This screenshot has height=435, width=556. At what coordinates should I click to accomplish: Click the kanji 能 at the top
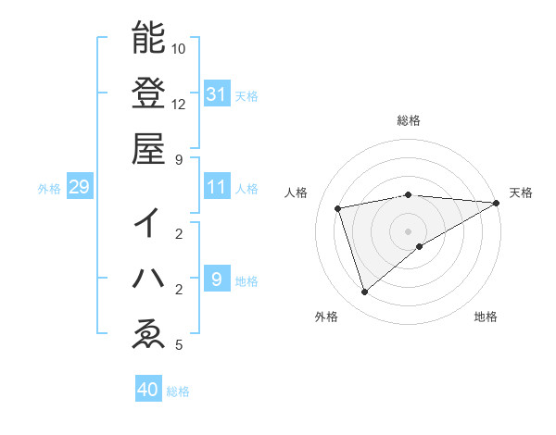(148, 38)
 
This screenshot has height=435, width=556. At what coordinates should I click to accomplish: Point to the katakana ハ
(148, 279)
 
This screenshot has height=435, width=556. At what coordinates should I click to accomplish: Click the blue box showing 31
(216, 93)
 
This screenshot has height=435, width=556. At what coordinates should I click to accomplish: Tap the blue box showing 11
(216, 187)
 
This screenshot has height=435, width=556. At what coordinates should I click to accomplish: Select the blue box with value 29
(79, 188)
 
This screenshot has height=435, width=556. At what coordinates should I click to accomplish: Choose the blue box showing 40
(148, 390)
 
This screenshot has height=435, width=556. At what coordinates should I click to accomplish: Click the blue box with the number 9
(216, 280)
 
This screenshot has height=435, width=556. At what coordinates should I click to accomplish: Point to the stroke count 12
(179, 104)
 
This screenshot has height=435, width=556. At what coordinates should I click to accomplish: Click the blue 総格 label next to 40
(178, 391)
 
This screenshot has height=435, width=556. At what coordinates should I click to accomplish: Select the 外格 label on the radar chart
(326, 317)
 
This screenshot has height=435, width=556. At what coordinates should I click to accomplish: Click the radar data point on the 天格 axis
(497, 203)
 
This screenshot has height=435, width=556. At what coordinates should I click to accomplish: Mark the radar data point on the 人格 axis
(339, 208)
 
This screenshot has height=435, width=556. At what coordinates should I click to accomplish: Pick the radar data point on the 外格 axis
(365, 292)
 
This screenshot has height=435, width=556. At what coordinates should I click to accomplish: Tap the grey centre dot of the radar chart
(409, 230)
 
